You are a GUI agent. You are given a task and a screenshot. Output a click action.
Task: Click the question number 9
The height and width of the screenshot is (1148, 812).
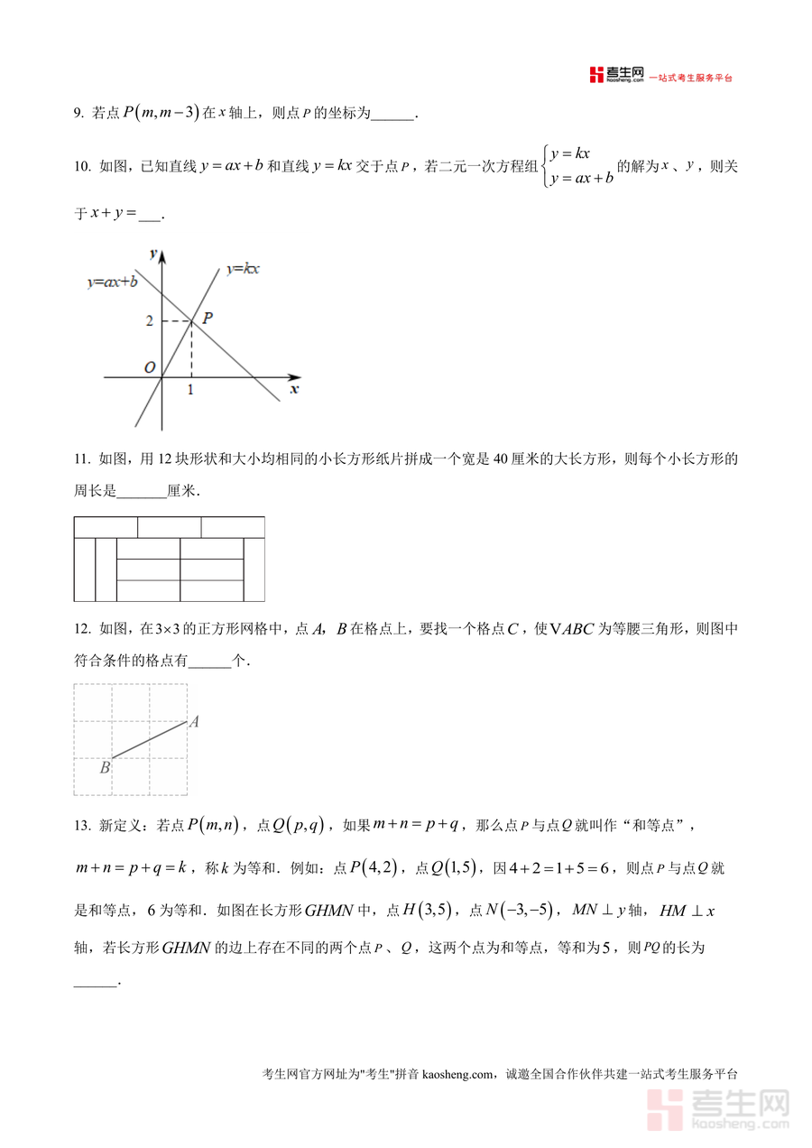pyautogui.click(x=78, y=114)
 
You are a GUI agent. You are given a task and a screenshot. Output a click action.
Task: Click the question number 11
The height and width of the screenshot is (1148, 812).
pyautogui.click(x=80, y=459)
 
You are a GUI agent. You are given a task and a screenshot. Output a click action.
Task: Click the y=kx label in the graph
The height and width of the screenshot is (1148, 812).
pyautogui.click(x=243, y=268)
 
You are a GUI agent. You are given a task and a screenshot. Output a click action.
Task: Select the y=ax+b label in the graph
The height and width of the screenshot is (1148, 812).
pyautogui.click(x=112, y=282)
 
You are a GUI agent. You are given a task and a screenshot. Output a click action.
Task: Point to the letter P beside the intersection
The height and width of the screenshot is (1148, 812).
pyautogui.click(x=208, y=318)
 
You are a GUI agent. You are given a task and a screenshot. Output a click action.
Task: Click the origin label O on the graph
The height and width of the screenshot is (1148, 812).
pyautogui.click(x=151, y=367)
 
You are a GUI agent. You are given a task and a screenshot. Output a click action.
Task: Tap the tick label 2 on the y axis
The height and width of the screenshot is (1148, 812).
pyautogui.click(x=150, y=321)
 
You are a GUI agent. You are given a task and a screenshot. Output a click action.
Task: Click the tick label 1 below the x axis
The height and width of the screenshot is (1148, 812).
pyautogui.click(x=190, y=390)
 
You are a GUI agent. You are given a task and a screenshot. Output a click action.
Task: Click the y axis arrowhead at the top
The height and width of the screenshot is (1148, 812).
pyautogui.click(x=162, y=255)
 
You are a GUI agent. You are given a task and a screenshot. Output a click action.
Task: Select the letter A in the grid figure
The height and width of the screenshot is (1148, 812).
pyautogui.click(x=193, y=721)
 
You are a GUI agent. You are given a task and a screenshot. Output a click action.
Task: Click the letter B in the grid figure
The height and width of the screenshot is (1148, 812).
pyautogui.click(x=105, y=768)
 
